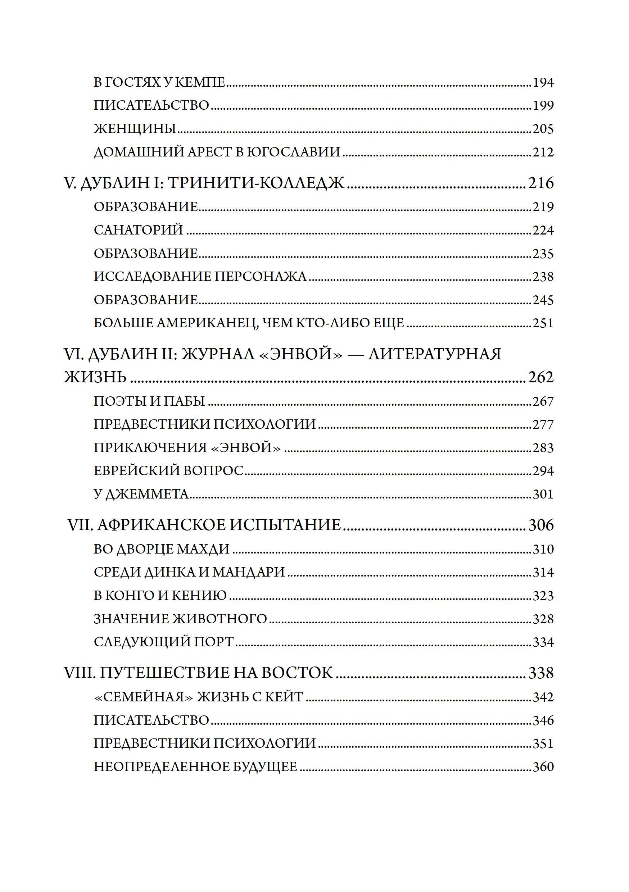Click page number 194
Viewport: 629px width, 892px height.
pos(543,83)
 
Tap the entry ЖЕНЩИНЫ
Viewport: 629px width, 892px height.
pos(135,129)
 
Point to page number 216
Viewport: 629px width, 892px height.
pos(541,183)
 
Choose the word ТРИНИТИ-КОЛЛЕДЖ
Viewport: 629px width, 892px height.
pos(257,183)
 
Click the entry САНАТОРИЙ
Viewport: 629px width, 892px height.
pos(139,230)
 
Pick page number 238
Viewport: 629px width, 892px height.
pos(543,277)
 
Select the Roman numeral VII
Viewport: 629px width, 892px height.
pos(80,525)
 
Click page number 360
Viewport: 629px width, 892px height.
pos(543,767)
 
